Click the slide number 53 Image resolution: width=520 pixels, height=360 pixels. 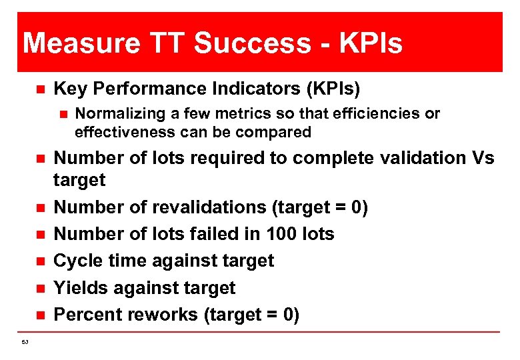(x=25, y=343)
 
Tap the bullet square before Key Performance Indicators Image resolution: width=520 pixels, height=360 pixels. (x=39, y=89)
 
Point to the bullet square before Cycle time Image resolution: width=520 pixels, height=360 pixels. (x=39, y=261)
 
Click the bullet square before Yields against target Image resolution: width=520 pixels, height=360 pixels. (x=39, y=288)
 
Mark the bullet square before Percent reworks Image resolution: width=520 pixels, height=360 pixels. (x=39, y=315)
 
